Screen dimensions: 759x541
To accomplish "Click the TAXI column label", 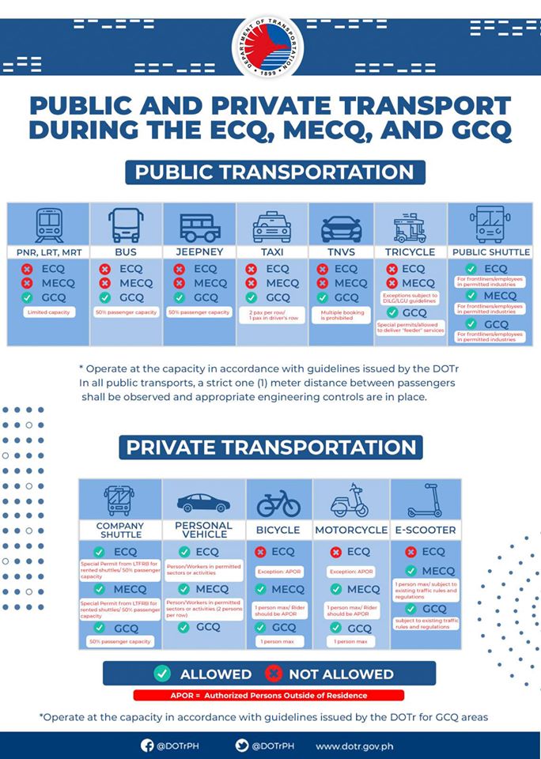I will [271, 252].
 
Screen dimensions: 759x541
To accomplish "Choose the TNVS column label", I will [341, 252].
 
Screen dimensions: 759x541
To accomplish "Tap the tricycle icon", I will [410, 226].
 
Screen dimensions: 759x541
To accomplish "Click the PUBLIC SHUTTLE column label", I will [490, 252].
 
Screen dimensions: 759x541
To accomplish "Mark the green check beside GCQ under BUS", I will [104, 298].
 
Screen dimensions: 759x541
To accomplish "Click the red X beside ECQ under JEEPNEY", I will [178, 269].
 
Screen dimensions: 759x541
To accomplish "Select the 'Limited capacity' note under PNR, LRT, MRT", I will [49, 313].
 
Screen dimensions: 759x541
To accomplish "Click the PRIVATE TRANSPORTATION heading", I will [270, 447].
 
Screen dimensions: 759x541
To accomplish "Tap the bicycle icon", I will [278, 502].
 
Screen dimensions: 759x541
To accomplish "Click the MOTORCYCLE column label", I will [351, 530].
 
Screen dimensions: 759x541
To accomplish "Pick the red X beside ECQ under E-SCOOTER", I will [410, 552].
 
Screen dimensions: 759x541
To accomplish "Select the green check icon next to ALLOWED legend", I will [162, 674].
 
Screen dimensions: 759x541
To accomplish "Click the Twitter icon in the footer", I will [241, 745].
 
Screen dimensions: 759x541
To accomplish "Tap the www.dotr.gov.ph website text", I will [354, 746].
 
